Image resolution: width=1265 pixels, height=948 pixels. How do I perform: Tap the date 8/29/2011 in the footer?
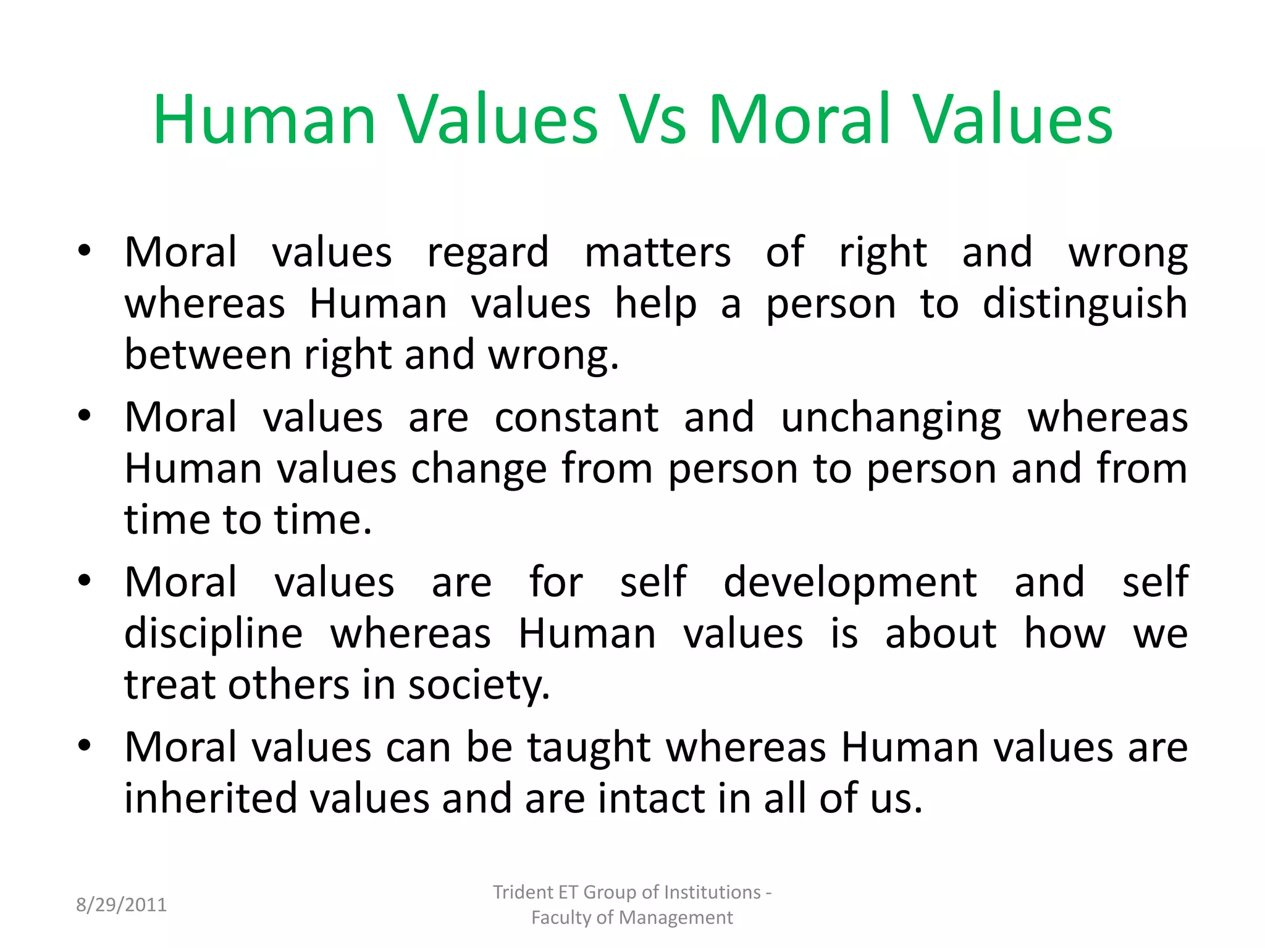(x=121, y=905)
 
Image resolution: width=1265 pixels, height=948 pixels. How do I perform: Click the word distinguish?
(x=1085, y=304)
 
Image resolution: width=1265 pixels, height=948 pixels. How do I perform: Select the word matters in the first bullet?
(x=658, y=253)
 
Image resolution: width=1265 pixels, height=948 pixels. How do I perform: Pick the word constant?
(x=577, y=418)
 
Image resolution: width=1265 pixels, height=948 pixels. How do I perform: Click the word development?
(x=850, y=583)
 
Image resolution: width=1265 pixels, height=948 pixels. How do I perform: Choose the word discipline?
(x=214, y=634)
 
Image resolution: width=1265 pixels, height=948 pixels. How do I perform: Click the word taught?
(x=589, y=748)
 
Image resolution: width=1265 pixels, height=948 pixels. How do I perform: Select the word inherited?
(x=209, y=799)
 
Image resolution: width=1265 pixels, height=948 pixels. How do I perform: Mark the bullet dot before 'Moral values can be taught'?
(x=85, y=746)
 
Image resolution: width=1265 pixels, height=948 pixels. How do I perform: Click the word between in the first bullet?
(x=208, y=355)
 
